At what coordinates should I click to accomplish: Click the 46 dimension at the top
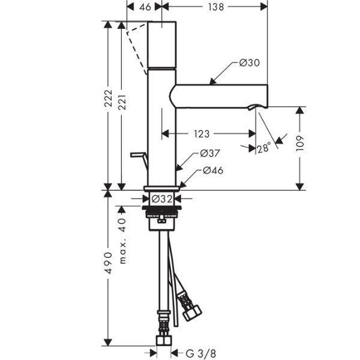click(x=144, y=8)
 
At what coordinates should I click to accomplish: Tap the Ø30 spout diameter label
click(x=249, y=63)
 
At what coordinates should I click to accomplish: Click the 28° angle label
click(x=263, y=147)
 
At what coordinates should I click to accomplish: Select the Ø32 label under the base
click(x=161, y=198)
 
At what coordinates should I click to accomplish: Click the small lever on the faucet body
click(x=139, y=158)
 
